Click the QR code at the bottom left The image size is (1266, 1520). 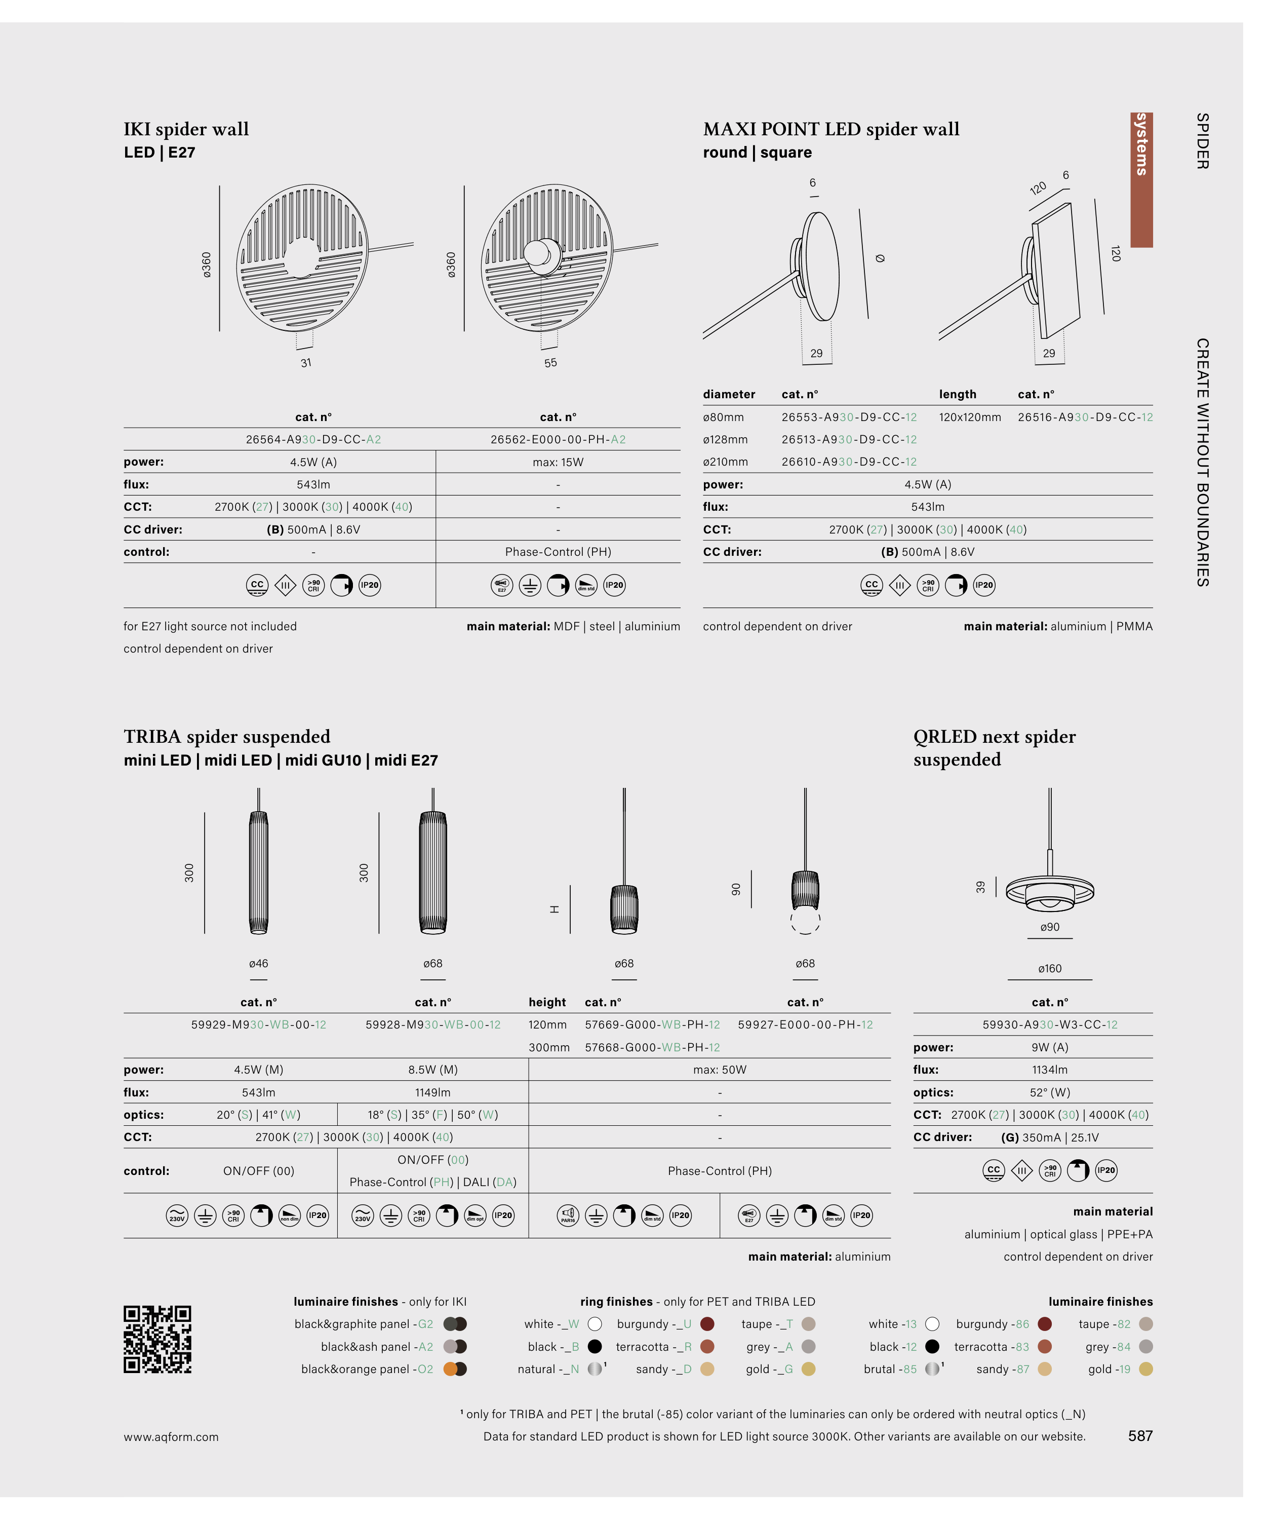point(157,1339)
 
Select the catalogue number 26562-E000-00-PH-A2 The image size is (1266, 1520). point(558,439)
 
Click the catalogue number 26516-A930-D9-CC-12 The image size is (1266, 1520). point(1085,417)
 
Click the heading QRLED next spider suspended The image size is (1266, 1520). point(994,748)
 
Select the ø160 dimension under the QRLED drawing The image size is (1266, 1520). point(1050,968)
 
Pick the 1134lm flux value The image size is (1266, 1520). point(1050,1070)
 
